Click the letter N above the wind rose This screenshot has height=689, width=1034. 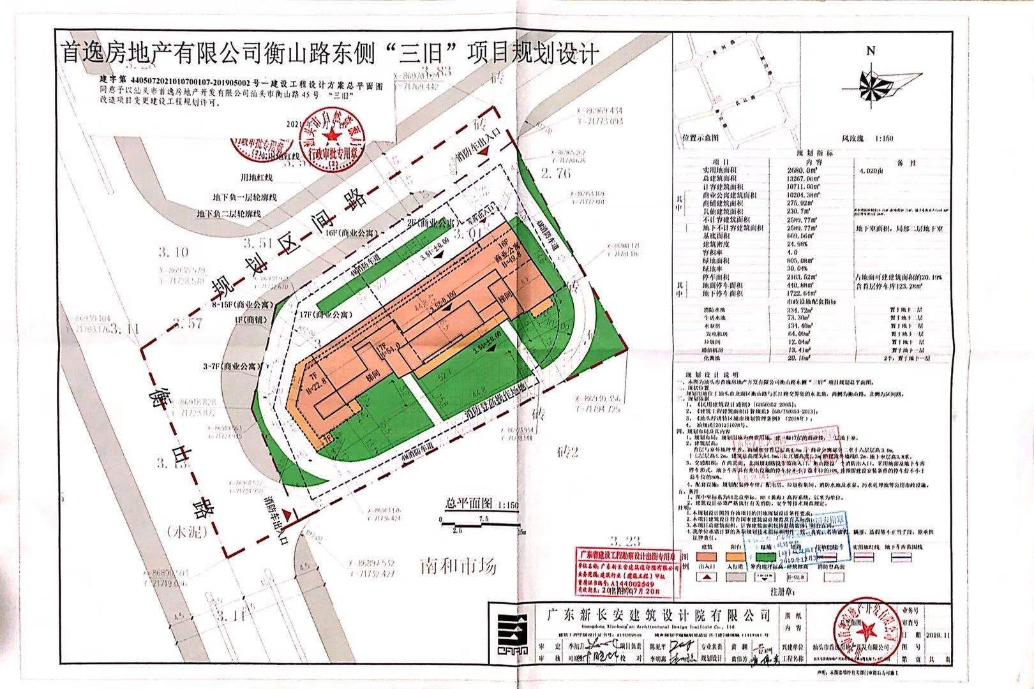tap(870, 52)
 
